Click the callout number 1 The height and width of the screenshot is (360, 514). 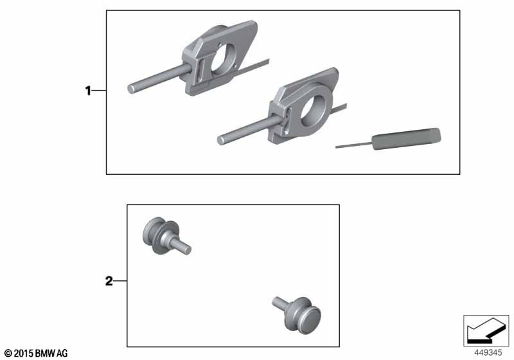(x=88, y=91)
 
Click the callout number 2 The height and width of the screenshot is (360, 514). (x=109, y=282)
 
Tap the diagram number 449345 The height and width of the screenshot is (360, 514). (x=488, y=353)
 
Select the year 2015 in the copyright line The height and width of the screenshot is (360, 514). (x=24, y=354)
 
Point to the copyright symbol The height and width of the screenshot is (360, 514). (x=8, y=354)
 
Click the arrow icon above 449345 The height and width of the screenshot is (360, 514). (x=486, y=330)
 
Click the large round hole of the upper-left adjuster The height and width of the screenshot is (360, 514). (x=223, y=59)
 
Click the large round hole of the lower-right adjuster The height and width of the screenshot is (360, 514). (x=313, y=111)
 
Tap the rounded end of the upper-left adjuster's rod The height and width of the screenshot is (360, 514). (x=131, y=89)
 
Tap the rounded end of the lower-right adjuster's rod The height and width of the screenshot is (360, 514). (x=221, y=140)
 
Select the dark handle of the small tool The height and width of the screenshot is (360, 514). (x=407, y=138)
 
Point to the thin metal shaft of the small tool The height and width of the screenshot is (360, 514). (x=354, y=145)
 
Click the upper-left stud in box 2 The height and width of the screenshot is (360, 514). (x=166, y=236)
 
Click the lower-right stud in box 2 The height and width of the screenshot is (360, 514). (x=297, y=314)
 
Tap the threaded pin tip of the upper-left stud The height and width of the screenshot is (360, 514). (x=188, y=249)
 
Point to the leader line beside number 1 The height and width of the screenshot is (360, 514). (x=99, y=90)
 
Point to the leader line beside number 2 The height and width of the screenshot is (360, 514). (x=120, y=281)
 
